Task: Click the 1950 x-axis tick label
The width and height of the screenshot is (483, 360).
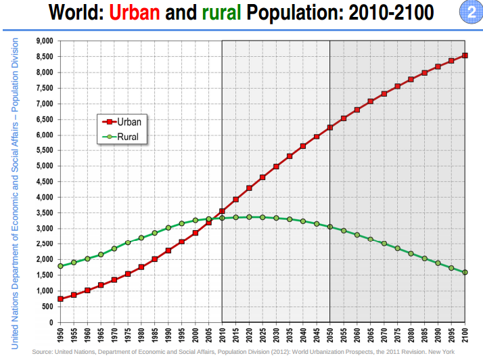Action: [60, 335]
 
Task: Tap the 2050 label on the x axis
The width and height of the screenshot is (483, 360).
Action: [330, 335]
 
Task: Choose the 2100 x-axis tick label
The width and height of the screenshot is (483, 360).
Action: [465, 335]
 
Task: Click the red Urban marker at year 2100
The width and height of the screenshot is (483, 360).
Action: [465, 55]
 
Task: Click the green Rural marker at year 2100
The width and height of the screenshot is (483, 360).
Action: [465, 273]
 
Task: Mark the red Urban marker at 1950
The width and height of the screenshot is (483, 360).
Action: [60, 299]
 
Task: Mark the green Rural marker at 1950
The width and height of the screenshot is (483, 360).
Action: [60, 266]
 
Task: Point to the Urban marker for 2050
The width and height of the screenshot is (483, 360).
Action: [330, 127]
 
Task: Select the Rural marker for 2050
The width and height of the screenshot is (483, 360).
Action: [330, 227]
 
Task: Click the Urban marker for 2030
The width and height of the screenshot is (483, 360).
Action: [276, 166]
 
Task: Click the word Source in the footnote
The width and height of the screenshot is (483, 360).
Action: [43, 352]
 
